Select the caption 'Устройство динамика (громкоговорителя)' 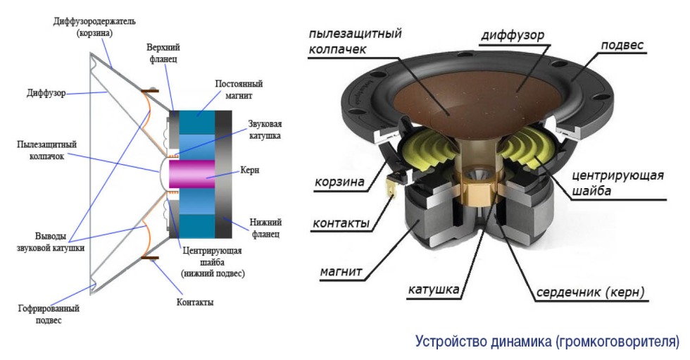click(546, 343)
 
